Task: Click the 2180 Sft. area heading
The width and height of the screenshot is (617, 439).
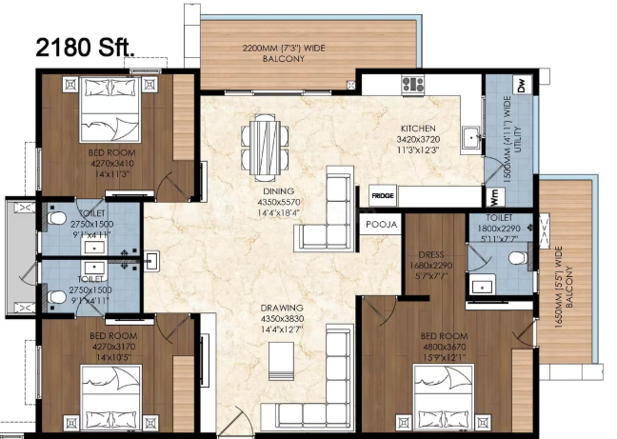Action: click(x=86, y=48)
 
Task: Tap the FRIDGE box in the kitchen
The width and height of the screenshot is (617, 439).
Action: click(x=383, y=195)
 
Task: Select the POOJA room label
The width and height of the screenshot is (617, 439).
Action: click(x=381, y=224)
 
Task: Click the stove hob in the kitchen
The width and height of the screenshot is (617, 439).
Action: click(x=413, y=84)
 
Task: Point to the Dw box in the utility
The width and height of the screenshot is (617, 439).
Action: click(x=522, y=85)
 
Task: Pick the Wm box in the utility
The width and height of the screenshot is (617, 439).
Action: click(x=495, y=197)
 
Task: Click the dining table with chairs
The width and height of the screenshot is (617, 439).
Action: click(x=265, y=148)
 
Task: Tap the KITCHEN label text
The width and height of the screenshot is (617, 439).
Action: click(x=418, y=129)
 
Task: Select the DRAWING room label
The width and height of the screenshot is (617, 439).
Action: click(x=282, y=308)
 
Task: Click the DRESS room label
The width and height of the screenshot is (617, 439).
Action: click(x=431, y=254)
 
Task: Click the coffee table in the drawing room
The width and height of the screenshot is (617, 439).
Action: click(x=281, y=361)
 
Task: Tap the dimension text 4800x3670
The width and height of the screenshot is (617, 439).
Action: click(x=445, y=347)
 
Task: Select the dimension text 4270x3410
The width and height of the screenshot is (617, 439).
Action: click(x=112, y=163)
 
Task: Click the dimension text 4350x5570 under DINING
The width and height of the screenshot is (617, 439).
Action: click(x=279, y=202)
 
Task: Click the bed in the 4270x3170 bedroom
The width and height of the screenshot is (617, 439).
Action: click(x=111, y=398)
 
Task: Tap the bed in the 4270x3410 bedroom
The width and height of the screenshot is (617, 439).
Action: click(x=110, y=109)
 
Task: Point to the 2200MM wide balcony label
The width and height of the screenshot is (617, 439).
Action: click(x=284, y=53)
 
